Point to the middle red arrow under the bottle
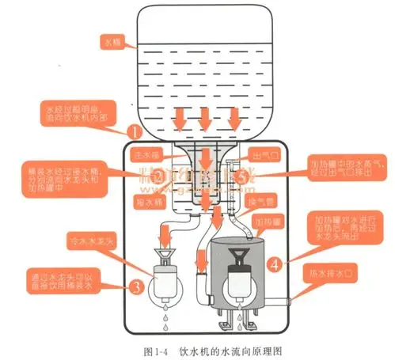tap(204, 117)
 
